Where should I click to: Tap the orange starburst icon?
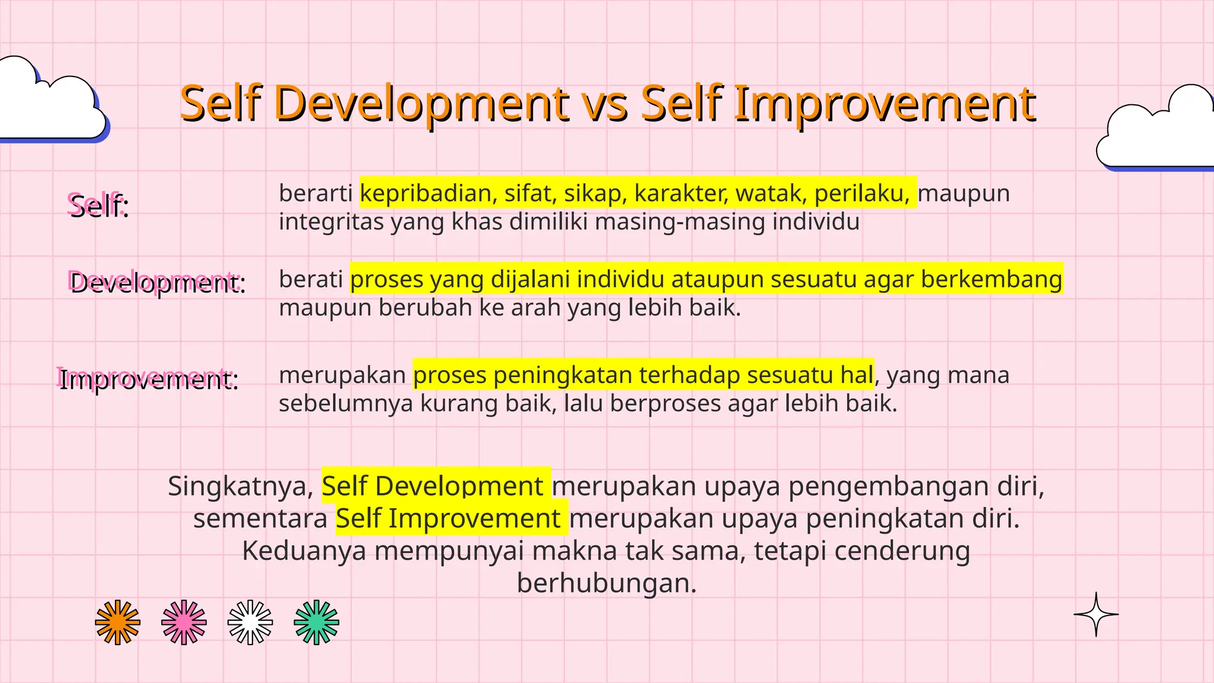118,622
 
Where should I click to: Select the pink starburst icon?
184,622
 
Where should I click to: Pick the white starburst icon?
250,622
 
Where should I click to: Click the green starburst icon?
317,622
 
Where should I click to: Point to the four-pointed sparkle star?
1096,614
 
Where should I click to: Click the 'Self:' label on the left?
98,206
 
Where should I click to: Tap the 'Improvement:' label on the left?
148,379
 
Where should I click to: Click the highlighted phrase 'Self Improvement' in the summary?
448,519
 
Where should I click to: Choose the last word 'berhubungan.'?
606,583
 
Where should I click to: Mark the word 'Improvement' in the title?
884,106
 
